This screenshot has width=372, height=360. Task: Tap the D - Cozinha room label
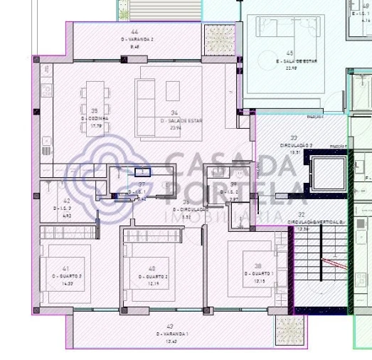pyautogui.click(x=95, y=119)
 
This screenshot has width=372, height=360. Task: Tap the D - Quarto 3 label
pyautogui.click(x=66, y=276)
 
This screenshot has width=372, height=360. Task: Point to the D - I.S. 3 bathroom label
pyautogui.click(x=65, y=208)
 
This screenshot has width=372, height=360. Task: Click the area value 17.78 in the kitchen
pyautogui.click(x=95, y=125)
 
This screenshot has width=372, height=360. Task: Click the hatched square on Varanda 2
pyautogui.click(x=214, y=36)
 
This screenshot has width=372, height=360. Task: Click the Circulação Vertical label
pyautogui.click(x=315, y=222)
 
